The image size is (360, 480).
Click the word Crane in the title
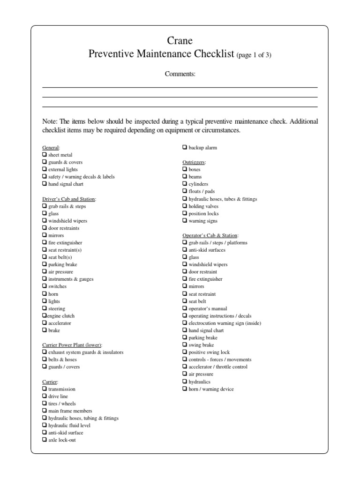(x=180, y=41)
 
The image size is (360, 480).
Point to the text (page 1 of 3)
(x=254, y=55)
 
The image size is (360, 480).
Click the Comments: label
(x=180, y=74)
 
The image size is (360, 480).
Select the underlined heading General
(x=51, y=147)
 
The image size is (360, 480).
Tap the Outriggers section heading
(x=194, y=162)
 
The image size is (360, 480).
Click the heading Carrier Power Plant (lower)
(x=72, y=345)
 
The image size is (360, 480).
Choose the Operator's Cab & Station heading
(x=210, y=235)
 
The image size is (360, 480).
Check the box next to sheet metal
(x=45, y=154)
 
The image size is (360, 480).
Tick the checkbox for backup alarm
(x=185, y=147)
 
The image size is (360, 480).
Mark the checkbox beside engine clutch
(x=45, y=315)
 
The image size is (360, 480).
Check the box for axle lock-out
(x=45, y=440)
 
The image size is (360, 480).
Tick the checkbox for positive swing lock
(x=185, y=352)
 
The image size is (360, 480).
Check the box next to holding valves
(x=185, y=206)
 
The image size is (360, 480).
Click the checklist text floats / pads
(x=202, y=191)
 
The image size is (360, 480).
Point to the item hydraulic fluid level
(x=69, y=425)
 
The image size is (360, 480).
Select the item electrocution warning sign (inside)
(x=225, y=323)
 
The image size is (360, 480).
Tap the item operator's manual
(x=208, y=308)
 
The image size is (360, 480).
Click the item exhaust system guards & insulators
(x=86, y=352)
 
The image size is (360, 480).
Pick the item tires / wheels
(x=62, y=404)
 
